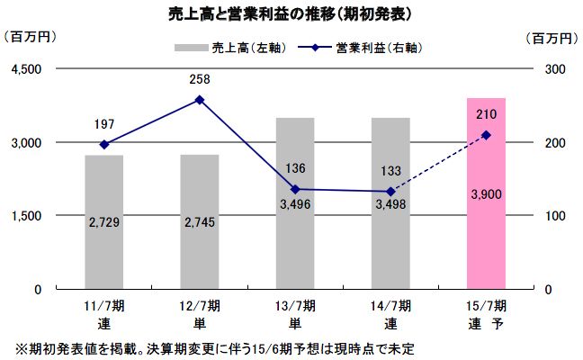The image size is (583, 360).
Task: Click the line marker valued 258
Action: (200, 100)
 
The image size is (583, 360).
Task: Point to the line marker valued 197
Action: (104, 144)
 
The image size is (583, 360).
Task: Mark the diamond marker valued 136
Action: (295, 189)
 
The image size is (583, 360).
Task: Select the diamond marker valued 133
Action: (390, 191)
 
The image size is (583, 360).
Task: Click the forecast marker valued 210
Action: (486, 135)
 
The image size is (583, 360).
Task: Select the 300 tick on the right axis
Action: (555, 69)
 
